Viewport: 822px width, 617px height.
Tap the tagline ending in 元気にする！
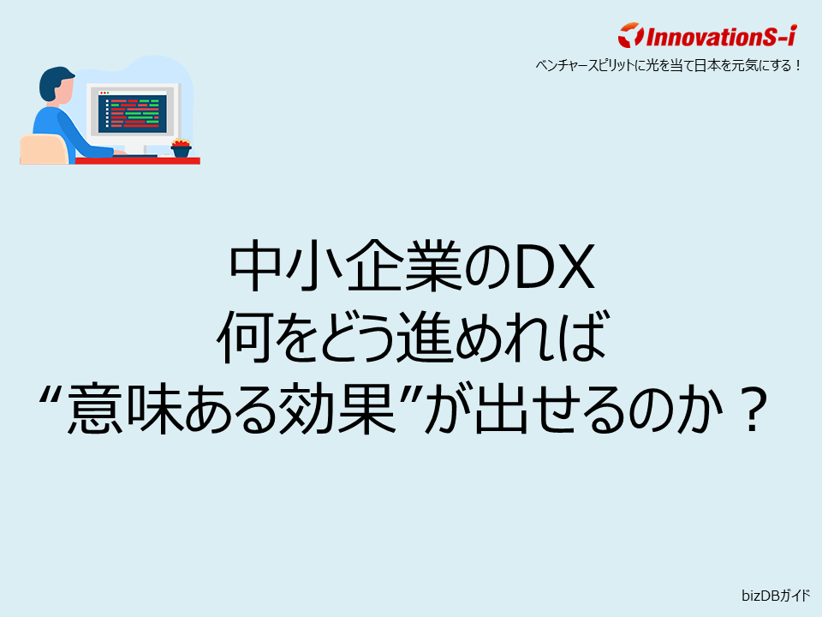[668, 64]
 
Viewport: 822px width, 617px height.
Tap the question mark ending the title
[749, 412]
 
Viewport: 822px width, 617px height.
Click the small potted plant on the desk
[181, 148]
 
